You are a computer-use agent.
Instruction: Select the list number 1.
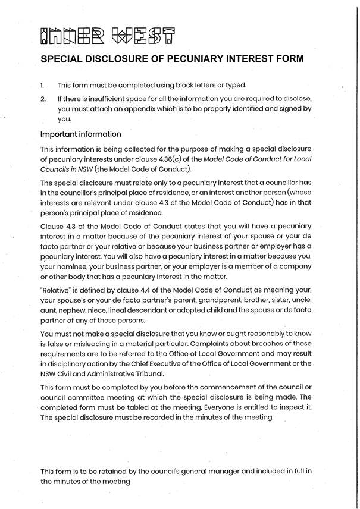point(43,85)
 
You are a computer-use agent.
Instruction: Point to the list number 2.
point(43,98)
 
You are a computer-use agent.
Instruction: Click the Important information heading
point(80,134)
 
